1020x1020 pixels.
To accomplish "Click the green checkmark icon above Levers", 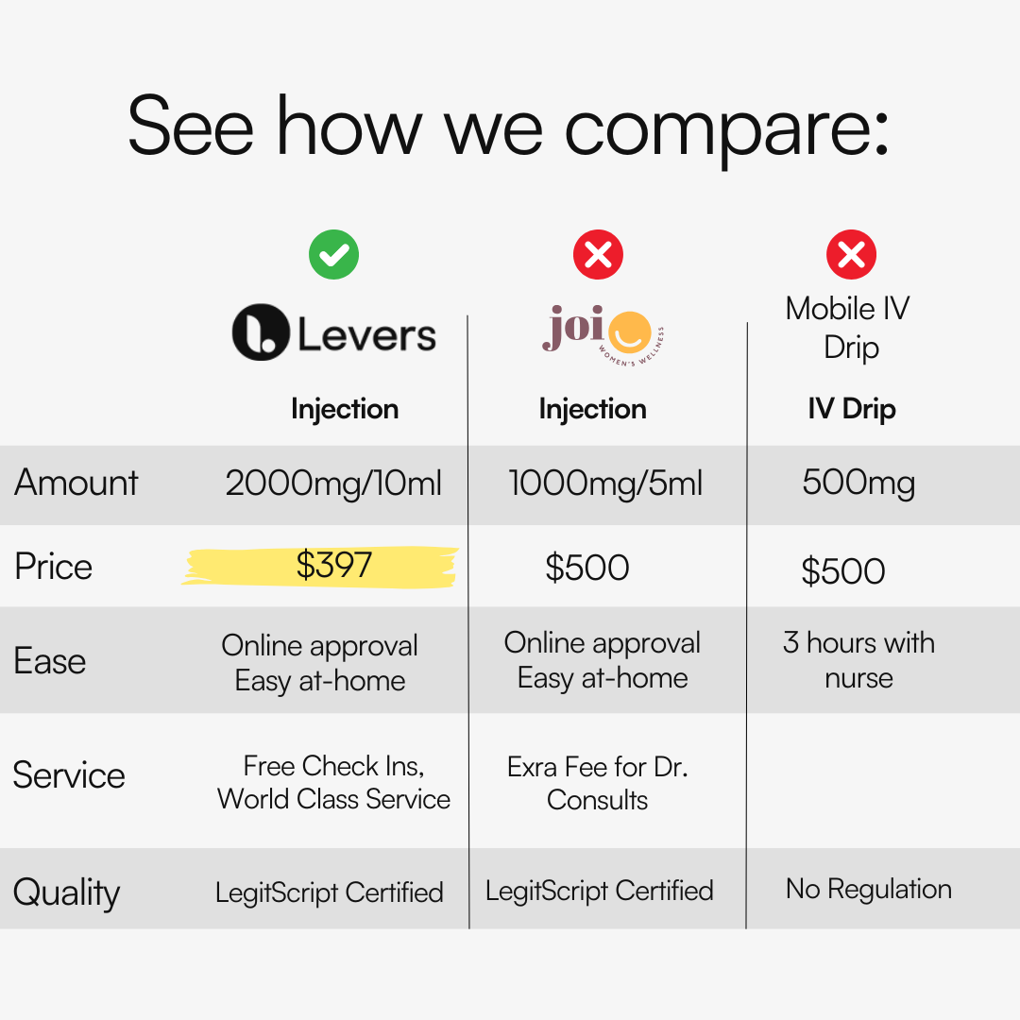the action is point(333,254).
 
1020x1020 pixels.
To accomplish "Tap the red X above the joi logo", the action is point(598,254).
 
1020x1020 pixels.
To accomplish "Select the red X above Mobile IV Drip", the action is point(851,254).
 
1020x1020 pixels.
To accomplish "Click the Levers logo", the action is point(333,332).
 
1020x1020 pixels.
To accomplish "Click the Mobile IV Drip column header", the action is point(848,328).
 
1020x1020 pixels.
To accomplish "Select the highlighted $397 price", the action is point(333,565).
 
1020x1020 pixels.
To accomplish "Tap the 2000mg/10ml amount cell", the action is point(333,484).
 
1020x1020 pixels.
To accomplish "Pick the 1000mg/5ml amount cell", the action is point(605,484).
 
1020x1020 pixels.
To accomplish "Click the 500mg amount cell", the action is point(858,484).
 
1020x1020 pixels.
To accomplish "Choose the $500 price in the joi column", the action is point(587,568).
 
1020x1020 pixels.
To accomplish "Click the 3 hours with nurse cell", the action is point(858,660).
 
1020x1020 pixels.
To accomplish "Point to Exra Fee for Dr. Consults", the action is point(597,783).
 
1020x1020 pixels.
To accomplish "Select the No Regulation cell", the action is point(869,889).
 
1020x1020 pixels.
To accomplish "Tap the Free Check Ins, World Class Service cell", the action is point(333,783).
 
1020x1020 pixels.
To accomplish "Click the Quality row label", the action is point(66,892).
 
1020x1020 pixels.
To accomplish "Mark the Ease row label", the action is point(49,661).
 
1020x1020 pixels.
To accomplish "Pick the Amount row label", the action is point(76,483).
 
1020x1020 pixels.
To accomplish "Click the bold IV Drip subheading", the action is point(852,409).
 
